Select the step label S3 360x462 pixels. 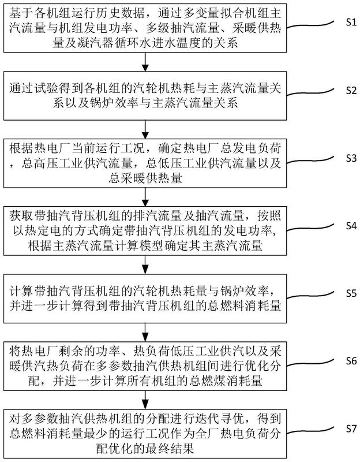coord(344,157)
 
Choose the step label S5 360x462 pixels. coord(344,293)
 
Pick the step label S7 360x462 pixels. coord(344,428)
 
